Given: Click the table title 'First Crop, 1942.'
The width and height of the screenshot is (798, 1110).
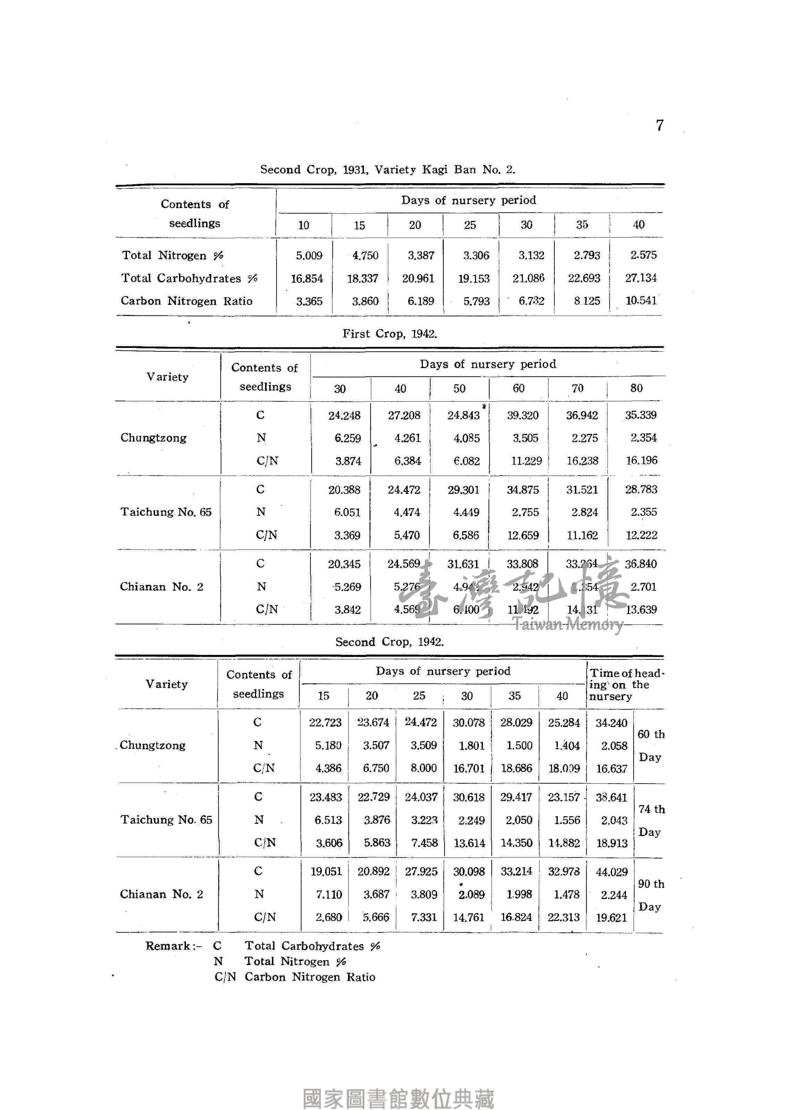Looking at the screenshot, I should pos(390,334).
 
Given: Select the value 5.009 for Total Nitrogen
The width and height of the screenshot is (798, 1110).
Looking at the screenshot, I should pos(309,256).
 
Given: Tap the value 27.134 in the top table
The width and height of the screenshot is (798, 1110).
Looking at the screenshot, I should pos(641,278).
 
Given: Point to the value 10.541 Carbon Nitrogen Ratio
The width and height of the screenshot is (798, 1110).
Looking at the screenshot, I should pos(641,300).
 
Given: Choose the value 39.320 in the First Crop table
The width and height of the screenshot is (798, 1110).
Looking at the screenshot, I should pos(523,416).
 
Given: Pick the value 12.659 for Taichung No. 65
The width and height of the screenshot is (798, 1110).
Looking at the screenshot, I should pos(523,536).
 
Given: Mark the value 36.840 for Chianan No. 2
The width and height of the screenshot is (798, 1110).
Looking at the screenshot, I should pos(640,564).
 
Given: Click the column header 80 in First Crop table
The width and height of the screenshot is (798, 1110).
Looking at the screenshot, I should pos(636,388).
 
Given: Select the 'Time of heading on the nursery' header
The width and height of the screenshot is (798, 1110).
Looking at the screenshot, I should pos(625,685).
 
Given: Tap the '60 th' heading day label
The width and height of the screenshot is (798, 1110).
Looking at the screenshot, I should pos(651,734).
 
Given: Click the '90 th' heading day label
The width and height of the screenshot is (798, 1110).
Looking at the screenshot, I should pos(651,884).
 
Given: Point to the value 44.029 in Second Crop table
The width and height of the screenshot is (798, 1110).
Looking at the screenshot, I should pos(611,872).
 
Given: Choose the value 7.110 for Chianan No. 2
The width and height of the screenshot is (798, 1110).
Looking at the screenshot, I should pos(329,895).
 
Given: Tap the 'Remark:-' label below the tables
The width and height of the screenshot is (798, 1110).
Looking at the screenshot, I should pos(173,946).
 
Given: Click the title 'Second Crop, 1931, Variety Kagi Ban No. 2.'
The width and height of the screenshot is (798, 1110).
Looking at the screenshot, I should pos(387,170).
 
